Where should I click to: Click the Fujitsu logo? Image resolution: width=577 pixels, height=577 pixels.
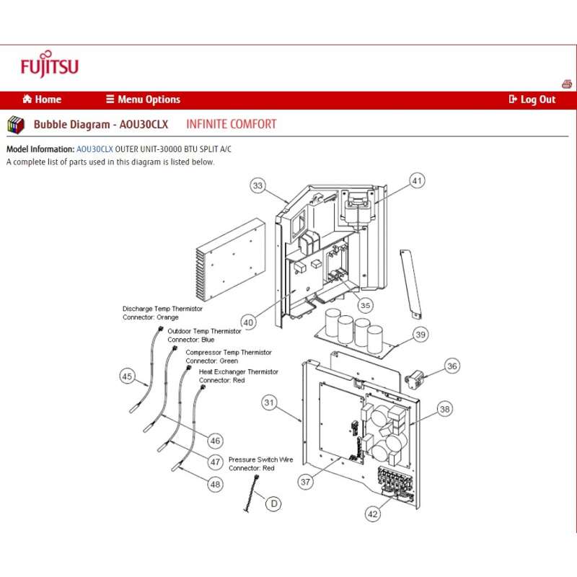click(x=49, y=65)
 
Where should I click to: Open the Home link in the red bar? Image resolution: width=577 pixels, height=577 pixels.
click(x=42, y=100)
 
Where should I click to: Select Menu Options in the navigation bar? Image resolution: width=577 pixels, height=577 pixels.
click(x=143, y=100)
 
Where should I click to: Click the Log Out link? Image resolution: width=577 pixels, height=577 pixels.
click(x=532, y=100)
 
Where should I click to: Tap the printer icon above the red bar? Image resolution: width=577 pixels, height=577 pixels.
click(x=567, y=84)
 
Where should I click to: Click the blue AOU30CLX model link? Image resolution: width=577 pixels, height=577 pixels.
click(x=94, y=149)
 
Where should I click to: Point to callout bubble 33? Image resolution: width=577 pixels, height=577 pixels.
click(x=258, y=185)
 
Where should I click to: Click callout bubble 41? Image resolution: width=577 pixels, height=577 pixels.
click(x=418, y=180)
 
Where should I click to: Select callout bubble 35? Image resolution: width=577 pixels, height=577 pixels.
click(x=366, y=305)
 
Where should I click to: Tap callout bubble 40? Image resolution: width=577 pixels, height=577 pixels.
click(x=248, y=322)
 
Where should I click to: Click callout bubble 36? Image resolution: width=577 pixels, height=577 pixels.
click(x=452, y=366)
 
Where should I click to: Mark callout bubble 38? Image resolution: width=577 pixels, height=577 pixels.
click(x=444, y=409)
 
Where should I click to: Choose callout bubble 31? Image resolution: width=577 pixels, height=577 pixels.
click(x=270, y=402)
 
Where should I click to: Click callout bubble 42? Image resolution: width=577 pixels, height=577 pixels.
click(x=372, y=514)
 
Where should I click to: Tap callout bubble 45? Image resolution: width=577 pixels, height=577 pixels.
click(x=128, y=376)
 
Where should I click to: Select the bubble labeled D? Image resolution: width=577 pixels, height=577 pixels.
click(x=273, y=503)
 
